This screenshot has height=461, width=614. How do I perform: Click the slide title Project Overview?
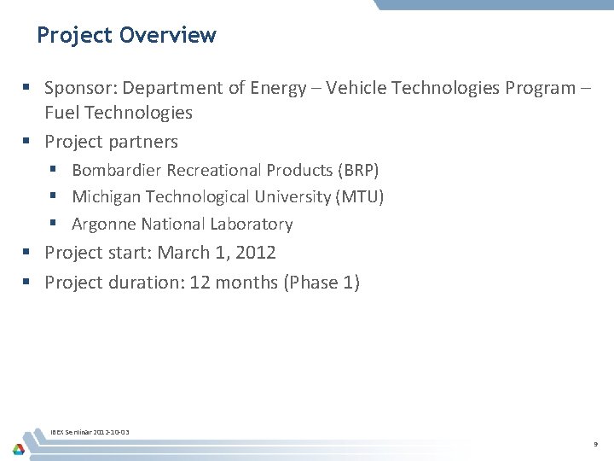pos(126,35)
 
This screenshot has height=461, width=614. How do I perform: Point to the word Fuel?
pos(64,113)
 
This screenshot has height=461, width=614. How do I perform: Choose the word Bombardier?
pos(117,170)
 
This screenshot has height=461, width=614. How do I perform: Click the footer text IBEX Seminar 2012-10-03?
pos(90,433)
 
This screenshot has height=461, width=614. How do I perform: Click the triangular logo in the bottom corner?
pos(18,449)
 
